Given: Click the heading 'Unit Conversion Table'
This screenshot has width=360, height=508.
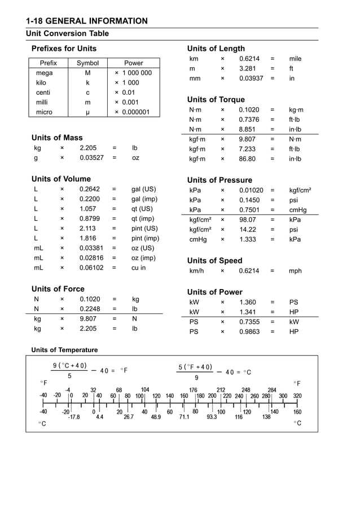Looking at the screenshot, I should point(67,34).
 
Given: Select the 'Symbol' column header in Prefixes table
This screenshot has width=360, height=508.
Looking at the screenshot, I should point(87,63).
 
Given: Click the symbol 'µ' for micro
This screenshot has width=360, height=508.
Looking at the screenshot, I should point(87,112).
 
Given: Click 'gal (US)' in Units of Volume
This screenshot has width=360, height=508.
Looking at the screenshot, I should point(143,190).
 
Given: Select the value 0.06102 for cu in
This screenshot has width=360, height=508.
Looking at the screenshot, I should point(91,268).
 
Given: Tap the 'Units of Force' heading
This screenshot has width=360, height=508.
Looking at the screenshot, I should point(58,289).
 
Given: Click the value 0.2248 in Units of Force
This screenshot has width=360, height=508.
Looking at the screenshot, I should point(90,309).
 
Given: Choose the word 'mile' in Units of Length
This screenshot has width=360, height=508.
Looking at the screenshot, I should point(295,59).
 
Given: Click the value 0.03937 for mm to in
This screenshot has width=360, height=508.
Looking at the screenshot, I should point(251,78).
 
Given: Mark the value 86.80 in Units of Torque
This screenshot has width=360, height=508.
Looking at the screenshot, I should point(247,159).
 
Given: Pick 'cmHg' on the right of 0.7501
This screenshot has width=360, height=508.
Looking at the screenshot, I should point(297,210).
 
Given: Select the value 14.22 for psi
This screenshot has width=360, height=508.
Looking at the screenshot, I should point(248,230).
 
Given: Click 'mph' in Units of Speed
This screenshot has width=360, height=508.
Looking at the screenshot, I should point(295,271).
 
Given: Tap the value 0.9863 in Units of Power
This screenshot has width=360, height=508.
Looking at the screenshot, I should point(249,332).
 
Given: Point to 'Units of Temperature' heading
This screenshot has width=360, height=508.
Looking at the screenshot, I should point(64,350).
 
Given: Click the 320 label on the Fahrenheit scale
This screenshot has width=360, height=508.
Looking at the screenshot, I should point(297,396).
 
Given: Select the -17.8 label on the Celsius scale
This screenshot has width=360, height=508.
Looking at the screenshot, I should point(74,418).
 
